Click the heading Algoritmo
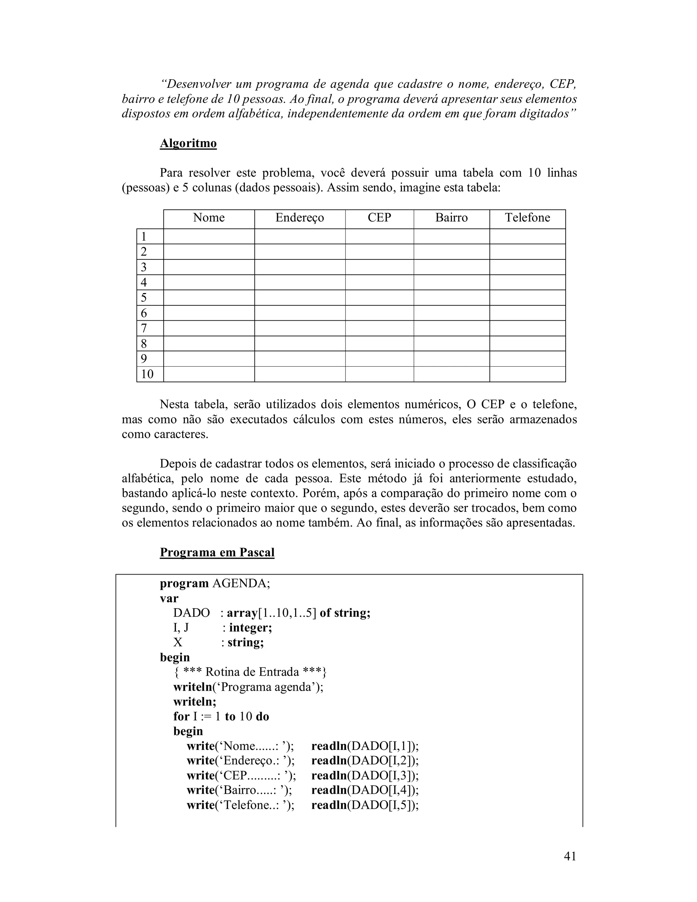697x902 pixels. (188, 143)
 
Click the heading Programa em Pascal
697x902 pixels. (217, 552)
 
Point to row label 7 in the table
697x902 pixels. (144, 328)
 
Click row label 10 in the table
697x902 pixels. (147, 374)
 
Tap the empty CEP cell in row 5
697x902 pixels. (379, 298)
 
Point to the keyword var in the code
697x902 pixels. (169, 598)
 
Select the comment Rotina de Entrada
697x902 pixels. (250, 672)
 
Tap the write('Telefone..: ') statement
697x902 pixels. (240, 805)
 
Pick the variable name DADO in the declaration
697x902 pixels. (191, 613)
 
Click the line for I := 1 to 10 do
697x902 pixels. (221, 716)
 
